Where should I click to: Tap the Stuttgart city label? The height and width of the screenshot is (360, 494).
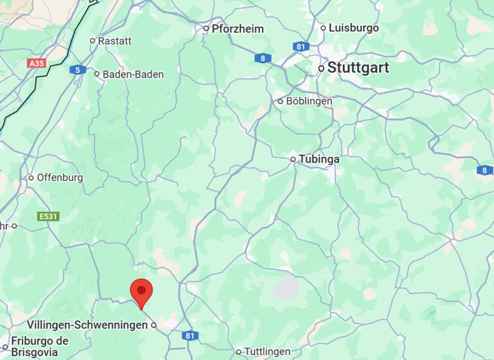pyautogui.click(x=358, y=68)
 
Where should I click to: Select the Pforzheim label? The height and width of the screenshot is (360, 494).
pyautogui.click(x=237, y=28)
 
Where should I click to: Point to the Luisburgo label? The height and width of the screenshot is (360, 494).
pyautogui.click(x=354, y=28)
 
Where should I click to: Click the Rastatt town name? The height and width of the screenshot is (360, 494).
pyautogui.click(x=114, y=40)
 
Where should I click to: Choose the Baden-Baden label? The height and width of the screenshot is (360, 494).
pyautogui.click(x=133, y=75)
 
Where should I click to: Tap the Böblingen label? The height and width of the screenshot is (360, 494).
pyautogui.click(x=309, y=102)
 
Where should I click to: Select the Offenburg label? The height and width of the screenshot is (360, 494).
pyautogui.click(x=60, y=178)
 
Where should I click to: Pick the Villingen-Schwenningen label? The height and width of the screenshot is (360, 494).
pyautogui.click(x=87, y=325)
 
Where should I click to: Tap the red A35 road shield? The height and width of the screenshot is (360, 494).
pyautogui.click(x=37, y=64)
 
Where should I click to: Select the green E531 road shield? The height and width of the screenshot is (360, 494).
pyautogui.click(x=49, y=217)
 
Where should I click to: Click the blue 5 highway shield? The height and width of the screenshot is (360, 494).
pyautogui.click(x=78, y=69)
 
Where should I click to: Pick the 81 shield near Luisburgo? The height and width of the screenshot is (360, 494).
pyautogui.click(x=300, y=46)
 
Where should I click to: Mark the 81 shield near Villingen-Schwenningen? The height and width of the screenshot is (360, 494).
pyautogui.click(x=189, y=336)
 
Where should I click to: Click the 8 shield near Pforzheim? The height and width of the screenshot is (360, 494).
pyautogui.click(x=262, y=59)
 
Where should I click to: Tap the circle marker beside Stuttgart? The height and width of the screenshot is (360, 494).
pyautogui.click(x=321, y=68)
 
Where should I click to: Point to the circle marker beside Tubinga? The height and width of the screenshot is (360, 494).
pyautogui.click(x=293, y=159)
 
